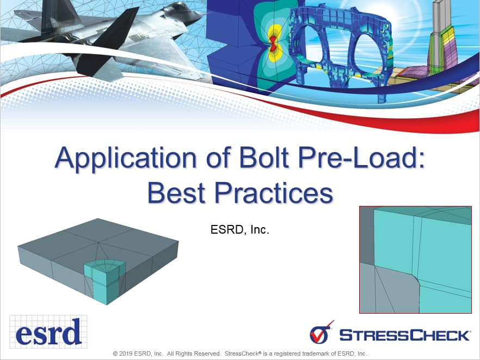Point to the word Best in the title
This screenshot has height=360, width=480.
(x=176, y=192)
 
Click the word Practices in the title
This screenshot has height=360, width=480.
(x=274, y=192)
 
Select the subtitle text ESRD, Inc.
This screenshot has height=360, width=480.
(x=239, y=229)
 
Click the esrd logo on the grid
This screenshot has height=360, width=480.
(x=48, y=332)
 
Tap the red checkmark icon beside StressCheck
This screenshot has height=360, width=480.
(x=321, y=333)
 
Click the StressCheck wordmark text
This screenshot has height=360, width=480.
(x=405, y=335)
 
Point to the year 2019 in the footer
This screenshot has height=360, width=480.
(x=126, y=353)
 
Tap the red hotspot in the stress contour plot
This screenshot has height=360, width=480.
(x=273, y=44)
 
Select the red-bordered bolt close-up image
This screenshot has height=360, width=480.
(x=415, y=260)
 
